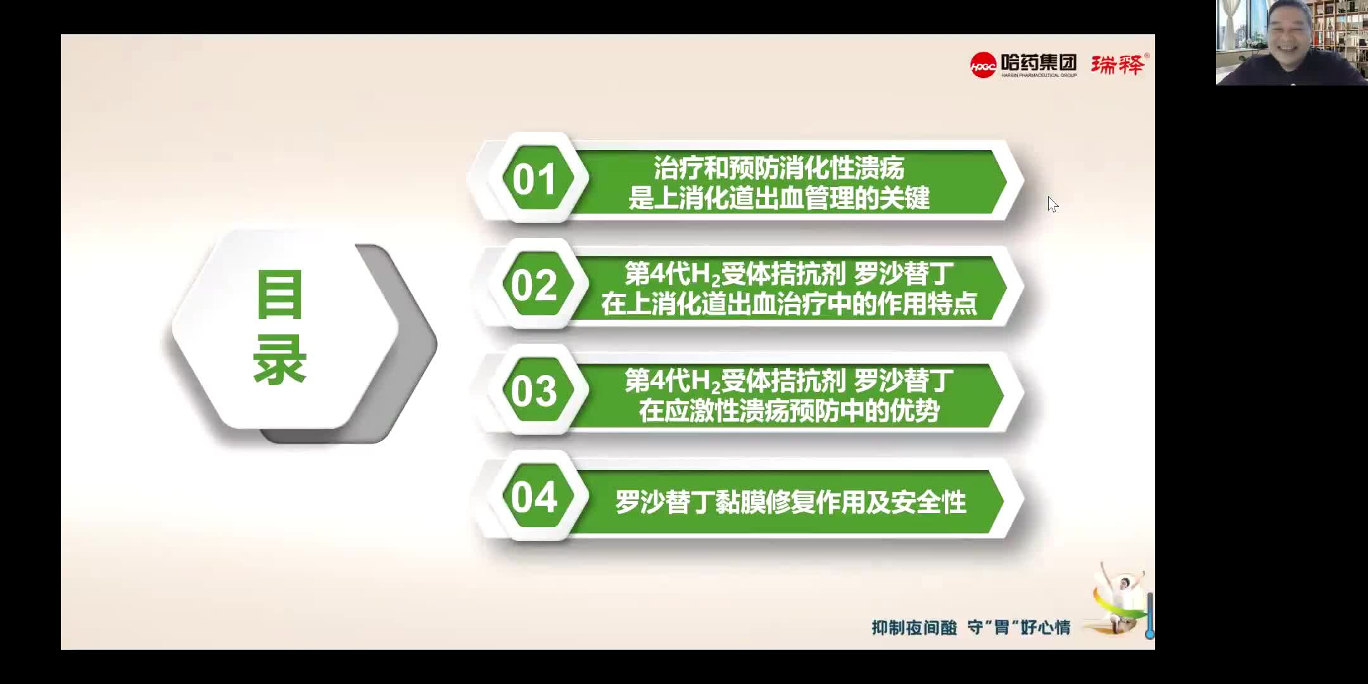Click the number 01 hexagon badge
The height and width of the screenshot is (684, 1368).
[x=534, y=179]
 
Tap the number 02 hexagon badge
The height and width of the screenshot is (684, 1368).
[x=534, y=285]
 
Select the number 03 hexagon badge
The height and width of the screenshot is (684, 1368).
[x=534, y=391]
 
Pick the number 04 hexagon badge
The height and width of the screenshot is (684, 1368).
[x=534, y=497]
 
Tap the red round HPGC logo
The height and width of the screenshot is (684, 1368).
[x=983, y=65]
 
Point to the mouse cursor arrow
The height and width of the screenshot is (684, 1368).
[x=1052, y=204]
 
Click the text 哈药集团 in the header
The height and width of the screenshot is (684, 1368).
[x=1039, y=62]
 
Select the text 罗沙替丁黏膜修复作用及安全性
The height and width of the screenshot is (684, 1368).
[x=790, y=502]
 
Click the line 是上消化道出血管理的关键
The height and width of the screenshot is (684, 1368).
[x=778, y=198]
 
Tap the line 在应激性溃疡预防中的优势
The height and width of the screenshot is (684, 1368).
[x=788, y=411]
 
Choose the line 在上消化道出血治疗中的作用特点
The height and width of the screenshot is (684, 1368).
[x=788, y=305]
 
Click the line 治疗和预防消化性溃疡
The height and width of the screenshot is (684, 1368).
[x=778, y=168]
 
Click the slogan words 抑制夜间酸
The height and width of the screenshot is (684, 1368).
[x=914, y=628]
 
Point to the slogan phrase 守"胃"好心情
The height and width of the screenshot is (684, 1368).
[x=1018, y=628]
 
